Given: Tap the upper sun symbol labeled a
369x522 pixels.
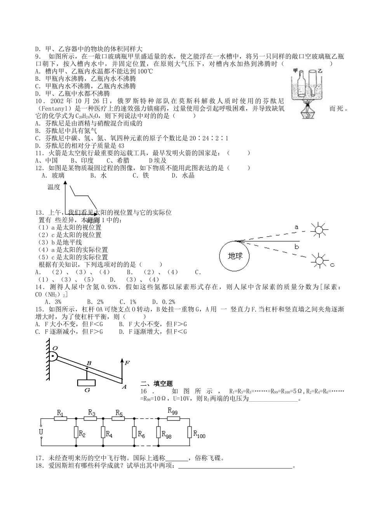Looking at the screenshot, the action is tap(319, 230).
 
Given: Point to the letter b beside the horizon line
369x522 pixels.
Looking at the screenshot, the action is tap(296, 247).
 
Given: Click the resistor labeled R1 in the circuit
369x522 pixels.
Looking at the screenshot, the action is tap(60, 419).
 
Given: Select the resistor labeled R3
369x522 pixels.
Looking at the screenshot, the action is tap(92, 419).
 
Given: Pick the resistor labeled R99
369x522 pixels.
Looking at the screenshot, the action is tap(173, 419).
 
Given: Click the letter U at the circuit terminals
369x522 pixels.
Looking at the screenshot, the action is tap(42, 432).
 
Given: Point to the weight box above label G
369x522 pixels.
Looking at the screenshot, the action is tap(87, 383).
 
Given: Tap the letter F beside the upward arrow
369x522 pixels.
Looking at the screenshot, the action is tap(127, 363).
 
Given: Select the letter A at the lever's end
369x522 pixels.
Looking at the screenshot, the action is tap(124, 386).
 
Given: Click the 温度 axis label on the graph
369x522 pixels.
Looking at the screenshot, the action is tap(54, 188).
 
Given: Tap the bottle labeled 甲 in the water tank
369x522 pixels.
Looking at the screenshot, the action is tap(299, 84).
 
